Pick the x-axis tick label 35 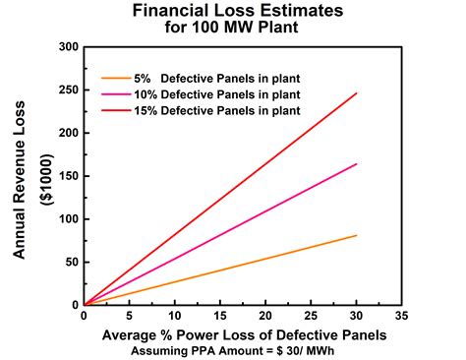pyautogui.click(x=400, y=318)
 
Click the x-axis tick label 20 pyautogui.click(x=264, y=318)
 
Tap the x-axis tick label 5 pyautogui.click(x=129, y=318)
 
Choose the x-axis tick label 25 pyautogui.click(x=310, y=318)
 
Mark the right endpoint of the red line pyautogui.click(x=356, y=93)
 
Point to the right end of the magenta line pyautogui.click(x=356, y=164)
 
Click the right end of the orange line pyautogui.click(x=356, y=235)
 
